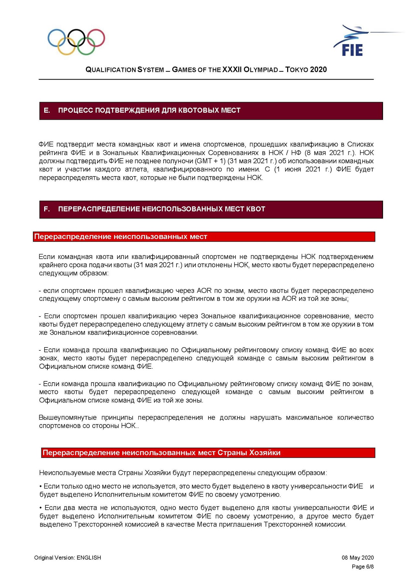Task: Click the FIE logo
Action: point(352,42)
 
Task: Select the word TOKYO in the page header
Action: point(297,70)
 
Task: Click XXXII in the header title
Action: point(232,70)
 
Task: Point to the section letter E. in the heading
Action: point(47,110)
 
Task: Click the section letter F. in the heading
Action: point(47,209)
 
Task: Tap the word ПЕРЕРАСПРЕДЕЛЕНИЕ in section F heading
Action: point(99,209)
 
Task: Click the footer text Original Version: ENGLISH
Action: point(67,557)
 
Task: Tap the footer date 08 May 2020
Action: point(358,557)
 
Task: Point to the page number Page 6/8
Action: point(363,566)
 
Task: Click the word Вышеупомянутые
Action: point(68,417)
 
